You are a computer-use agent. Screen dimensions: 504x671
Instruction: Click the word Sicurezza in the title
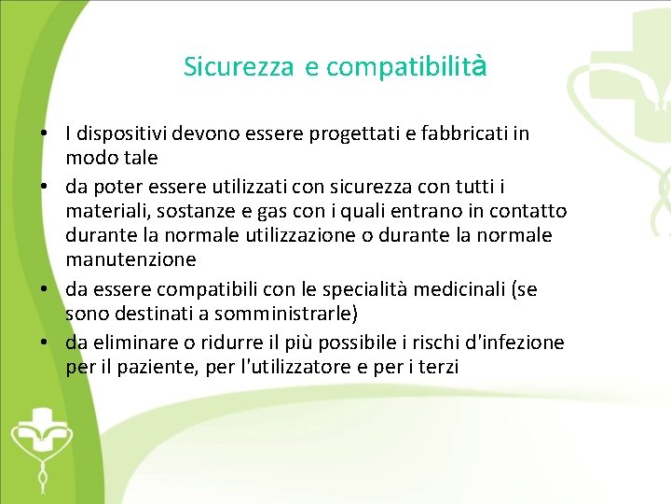pyautogui.click(x=239, y=67)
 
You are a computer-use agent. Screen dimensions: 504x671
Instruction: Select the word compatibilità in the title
pyautogui.click(x=407, y=67)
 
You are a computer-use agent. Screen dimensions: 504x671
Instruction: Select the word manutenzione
pyautogui.click(x=131, y=259)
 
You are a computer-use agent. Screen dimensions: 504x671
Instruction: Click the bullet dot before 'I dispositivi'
pyautogui.click(x=45, y=134)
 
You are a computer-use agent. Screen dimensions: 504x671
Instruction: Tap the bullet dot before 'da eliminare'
pyautogui.click(x=45, y=343)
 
